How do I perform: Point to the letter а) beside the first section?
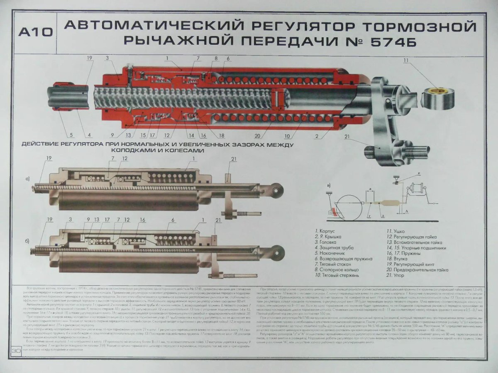click(28, 179)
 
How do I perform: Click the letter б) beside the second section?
click(28, 240)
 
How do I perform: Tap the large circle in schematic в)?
click(348, 206)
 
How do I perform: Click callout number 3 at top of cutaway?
click(107, 58)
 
